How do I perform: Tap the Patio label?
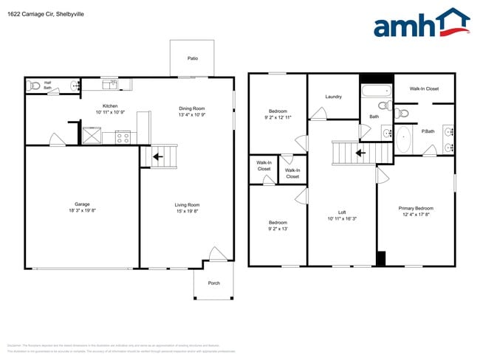pos(192,58)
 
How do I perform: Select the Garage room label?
pos(81,204)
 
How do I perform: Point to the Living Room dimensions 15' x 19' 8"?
pos(187,212)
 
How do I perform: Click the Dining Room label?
pos(191,108)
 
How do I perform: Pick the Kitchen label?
pos(110,107)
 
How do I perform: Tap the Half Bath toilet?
pos(33,86)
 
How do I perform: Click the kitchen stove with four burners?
pos(123,136)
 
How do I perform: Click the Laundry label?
pos(332,97)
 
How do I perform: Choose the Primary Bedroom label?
pos(415,208)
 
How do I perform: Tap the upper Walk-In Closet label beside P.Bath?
pos(424,89)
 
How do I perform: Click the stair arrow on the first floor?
pos(157,156)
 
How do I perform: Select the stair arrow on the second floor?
pos(360,153)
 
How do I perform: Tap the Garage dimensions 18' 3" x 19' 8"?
pos(81,212)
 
